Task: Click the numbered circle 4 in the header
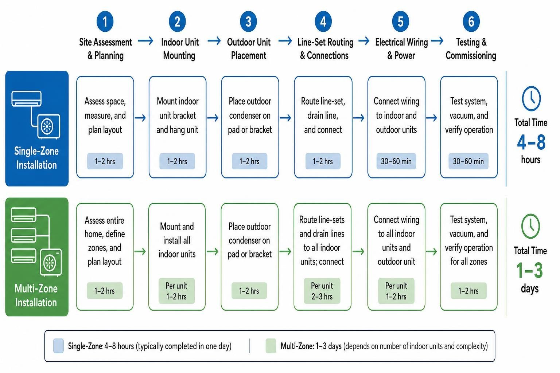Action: [x=323, y=21]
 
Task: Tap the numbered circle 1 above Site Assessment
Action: [x=105, y=21]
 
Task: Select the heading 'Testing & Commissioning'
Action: [x=471, y=49]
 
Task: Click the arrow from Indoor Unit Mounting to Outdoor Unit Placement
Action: [x=214, y=41]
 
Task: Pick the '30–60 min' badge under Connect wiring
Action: [x=396, y=161]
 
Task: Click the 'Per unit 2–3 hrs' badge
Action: [x=322, y=291]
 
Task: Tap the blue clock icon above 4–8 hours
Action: [x=531, y=99]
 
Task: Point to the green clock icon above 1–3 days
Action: [x=530, y=226]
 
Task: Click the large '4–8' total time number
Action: [x=531, y=142]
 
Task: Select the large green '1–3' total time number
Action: [x=529, y=270]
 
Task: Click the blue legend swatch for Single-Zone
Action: [x=58, y=346]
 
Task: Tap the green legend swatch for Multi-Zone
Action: [x=271, y=346]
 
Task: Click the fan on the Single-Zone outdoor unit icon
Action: [x=47, y=126]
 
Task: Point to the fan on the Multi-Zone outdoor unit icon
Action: [x=50, y=263]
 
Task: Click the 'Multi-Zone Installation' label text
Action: [x=36, y=295]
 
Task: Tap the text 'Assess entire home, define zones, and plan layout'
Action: [x=105, y=241]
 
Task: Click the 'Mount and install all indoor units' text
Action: [x=177, y=240]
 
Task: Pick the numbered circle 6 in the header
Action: [x=471, y=21]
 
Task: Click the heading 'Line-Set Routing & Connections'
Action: [x=325, y=49]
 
